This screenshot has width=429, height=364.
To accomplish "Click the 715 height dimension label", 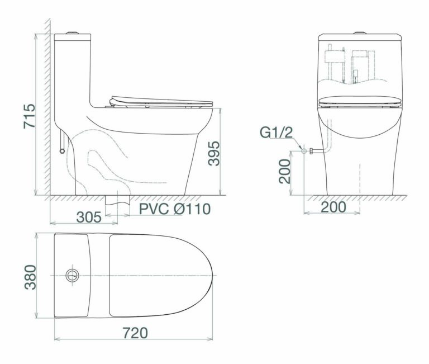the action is click(x=29, y=116).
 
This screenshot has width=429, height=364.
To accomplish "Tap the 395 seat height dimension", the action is click(x=214, y=153).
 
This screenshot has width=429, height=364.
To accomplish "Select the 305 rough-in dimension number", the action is click(x=89, y=217).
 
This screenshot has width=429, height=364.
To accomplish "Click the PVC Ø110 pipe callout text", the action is click(x=175, y=209).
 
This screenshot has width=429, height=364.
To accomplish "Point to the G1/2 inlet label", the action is click(x=277, y=133).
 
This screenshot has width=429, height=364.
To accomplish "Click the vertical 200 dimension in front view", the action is click(x=284, y=172).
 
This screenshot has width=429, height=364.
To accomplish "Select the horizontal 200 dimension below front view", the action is click(x=333, y=207).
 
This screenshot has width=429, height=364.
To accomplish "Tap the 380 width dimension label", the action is click(x=30, y=277).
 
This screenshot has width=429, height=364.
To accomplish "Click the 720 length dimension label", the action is click(x=135, y=333).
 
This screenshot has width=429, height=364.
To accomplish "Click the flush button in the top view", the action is click(x=73, y=276).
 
